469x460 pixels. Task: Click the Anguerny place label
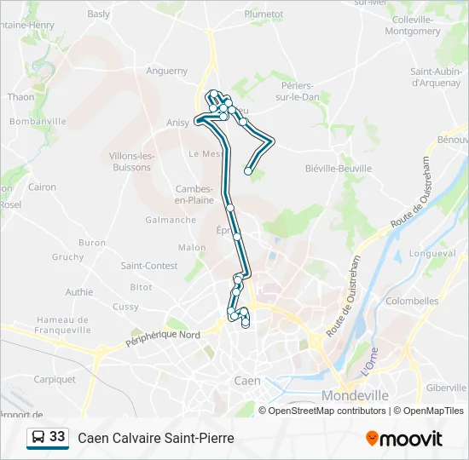coord(166,71)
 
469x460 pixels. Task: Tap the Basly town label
coord(99,14)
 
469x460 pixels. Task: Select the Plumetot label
coord(263,14)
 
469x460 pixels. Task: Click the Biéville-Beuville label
coord(339,169)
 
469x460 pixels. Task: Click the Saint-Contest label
coord(149,266)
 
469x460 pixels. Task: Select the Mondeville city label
coord(355,395)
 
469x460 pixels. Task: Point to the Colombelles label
coord(412,301)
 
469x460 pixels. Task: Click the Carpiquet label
coord(55,380)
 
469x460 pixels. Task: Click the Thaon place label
coord(20,97)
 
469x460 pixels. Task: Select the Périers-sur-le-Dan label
coord(297,90)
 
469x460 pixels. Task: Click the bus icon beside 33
coord(38,438)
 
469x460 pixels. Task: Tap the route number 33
coord(57,437)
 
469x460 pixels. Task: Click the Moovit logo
coord(404,439)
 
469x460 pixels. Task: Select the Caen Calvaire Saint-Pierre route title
coord(156,438)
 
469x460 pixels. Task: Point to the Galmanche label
coord(171,220)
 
